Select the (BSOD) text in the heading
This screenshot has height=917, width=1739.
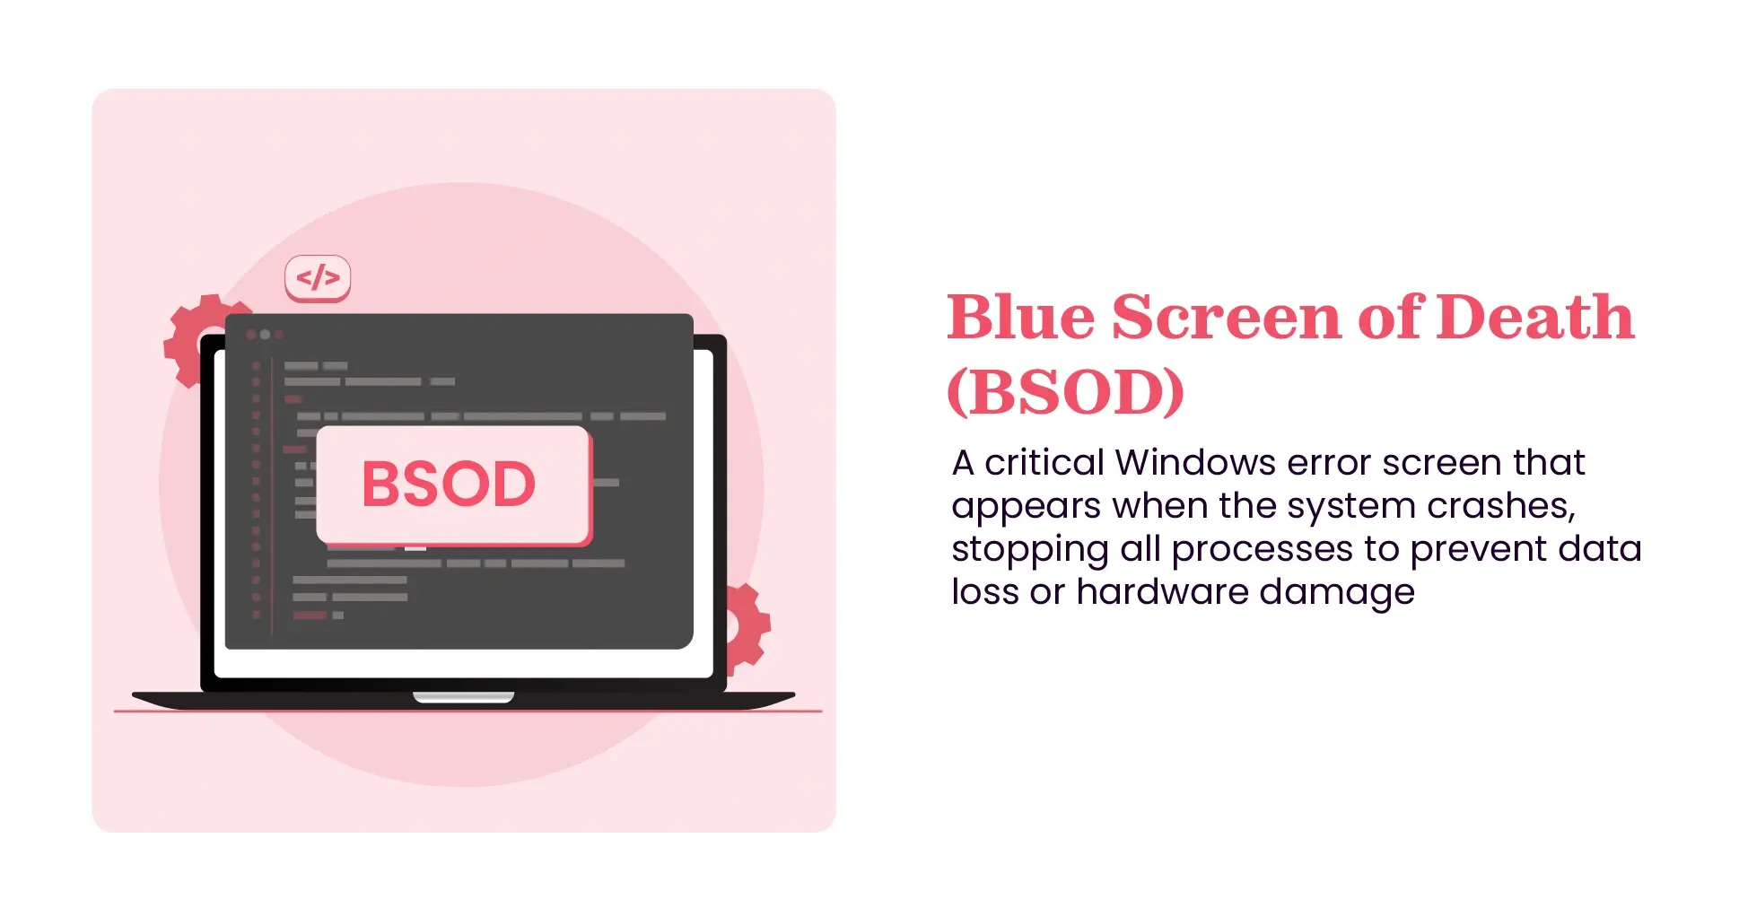(x=1066, y=393)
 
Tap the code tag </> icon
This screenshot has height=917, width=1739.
(x=318, y=277)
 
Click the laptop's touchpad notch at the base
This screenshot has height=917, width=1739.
(x=463, y=697)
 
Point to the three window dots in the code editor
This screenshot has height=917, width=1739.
(x=265, y=335)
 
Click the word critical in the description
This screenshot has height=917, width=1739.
(x=1044, y=463)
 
